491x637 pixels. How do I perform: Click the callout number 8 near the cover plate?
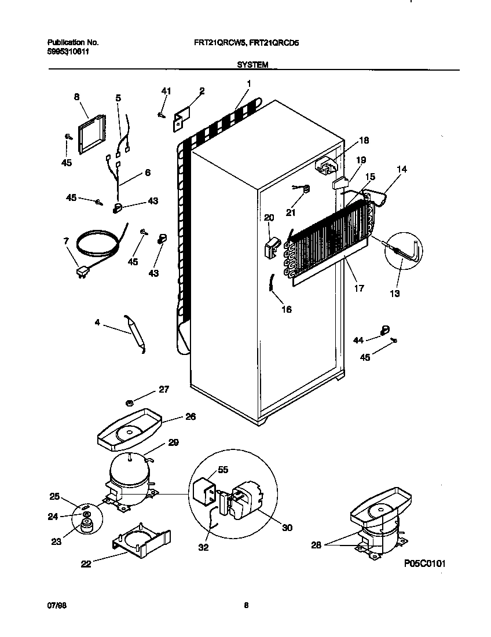coord(76,97)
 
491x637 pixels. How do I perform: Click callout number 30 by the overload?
coord(287,528)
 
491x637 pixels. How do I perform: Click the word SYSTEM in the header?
coord(252,65)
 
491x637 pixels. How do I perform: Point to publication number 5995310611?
coord(68,52)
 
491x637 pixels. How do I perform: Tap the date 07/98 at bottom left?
coord(55,606)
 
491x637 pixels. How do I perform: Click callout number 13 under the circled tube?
coord(394,294)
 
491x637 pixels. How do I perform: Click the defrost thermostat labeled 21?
coord(306,188)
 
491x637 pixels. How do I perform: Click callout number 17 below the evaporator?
coord(359,288)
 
